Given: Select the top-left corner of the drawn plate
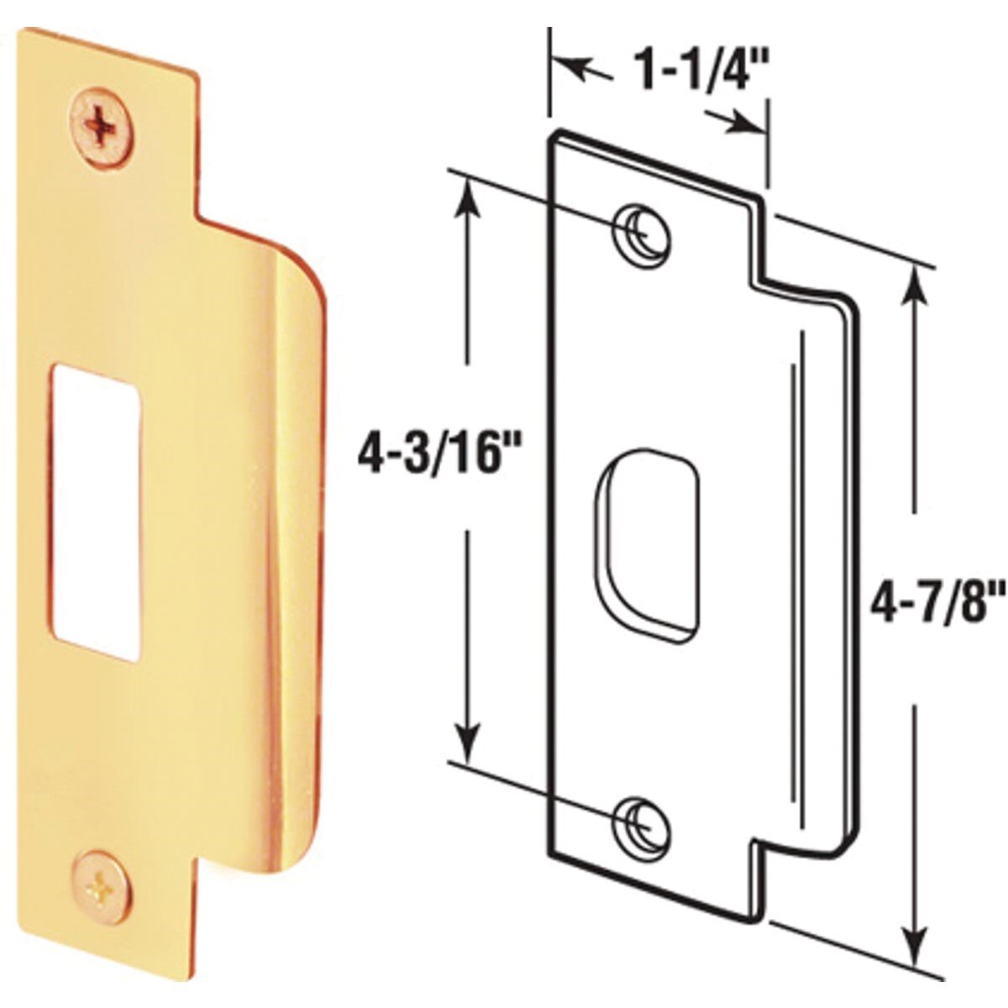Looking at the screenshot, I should coord(553,134).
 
